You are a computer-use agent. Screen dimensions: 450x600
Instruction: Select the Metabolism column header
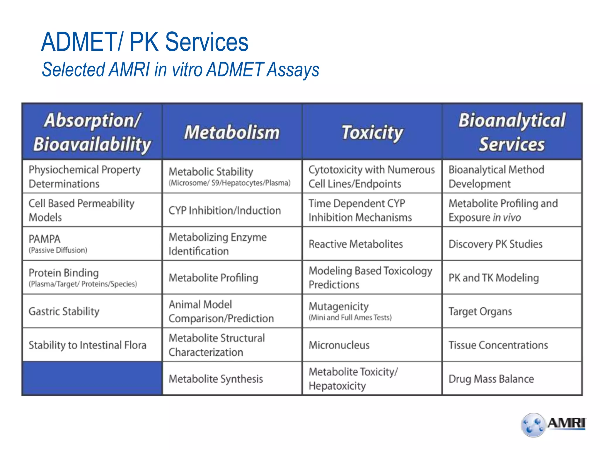click(x=232, y=132)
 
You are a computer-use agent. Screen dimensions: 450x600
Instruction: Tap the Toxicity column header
click(x=372, y=132)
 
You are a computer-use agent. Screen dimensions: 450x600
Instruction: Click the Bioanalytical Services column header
click(x=512, y=132)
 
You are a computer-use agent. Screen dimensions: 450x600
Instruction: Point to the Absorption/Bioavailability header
click(x=92, y=132)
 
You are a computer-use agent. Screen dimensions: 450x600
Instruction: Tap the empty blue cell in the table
click(x=92, y=379)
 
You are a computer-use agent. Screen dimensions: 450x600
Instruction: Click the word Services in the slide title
click(x=207, y=42)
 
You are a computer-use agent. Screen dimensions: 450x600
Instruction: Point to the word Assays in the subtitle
click(x=293, y=70)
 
